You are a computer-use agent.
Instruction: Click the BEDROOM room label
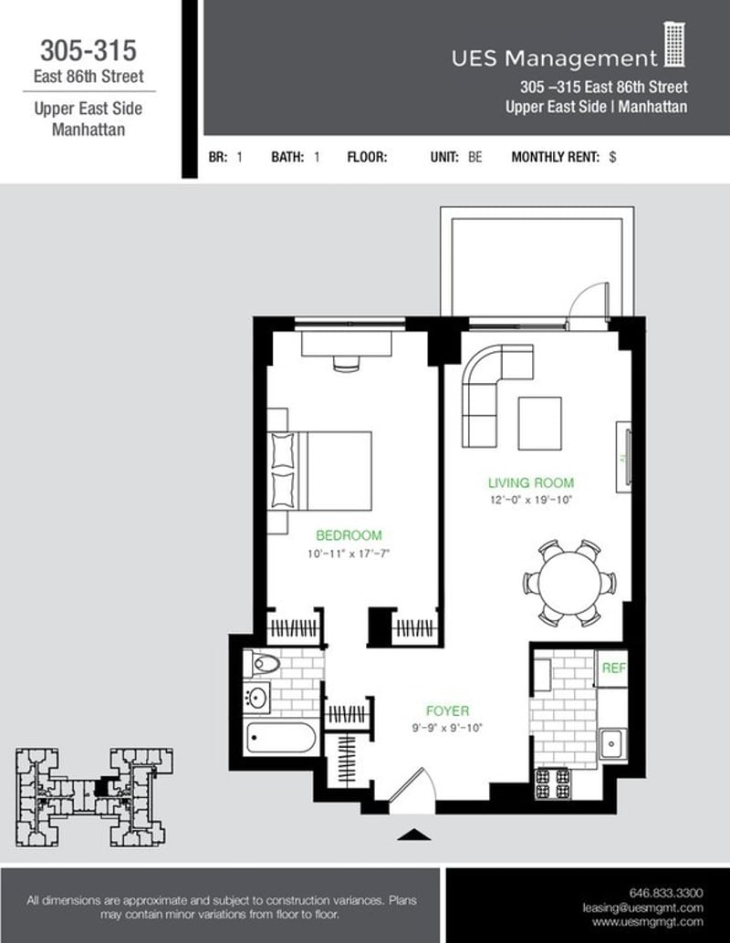[349, 535]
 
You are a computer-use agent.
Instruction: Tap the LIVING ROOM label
[530, 482]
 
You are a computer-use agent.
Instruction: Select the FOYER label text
[447, 710]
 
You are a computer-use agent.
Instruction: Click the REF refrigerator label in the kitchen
[612, 668]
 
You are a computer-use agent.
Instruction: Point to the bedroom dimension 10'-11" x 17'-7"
[349, 554]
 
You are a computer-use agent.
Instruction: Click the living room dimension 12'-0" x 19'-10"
[530, 500]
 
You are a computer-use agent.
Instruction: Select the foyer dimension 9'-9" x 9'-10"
[447, 728]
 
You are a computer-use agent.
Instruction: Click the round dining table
[569, 583]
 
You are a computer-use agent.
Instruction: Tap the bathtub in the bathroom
[282, 738]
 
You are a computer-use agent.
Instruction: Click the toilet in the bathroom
[264, 664]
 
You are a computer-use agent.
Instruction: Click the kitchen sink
[611, 743]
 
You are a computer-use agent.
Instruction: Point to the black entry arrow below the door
[413, 834]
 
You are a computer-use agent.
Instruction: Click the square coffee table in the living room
[540, 423]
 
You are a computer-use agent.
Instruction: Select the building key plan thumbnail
[89, 796]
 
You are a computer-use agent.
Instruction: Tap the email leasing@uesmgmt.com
[643, 908]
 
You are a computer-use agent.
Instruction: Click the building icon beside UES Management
[674, 46]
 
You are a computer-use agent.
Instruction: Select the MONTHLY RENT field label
[555, 157]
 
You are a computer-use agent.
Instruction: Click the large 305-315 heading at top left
[89, 49]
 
